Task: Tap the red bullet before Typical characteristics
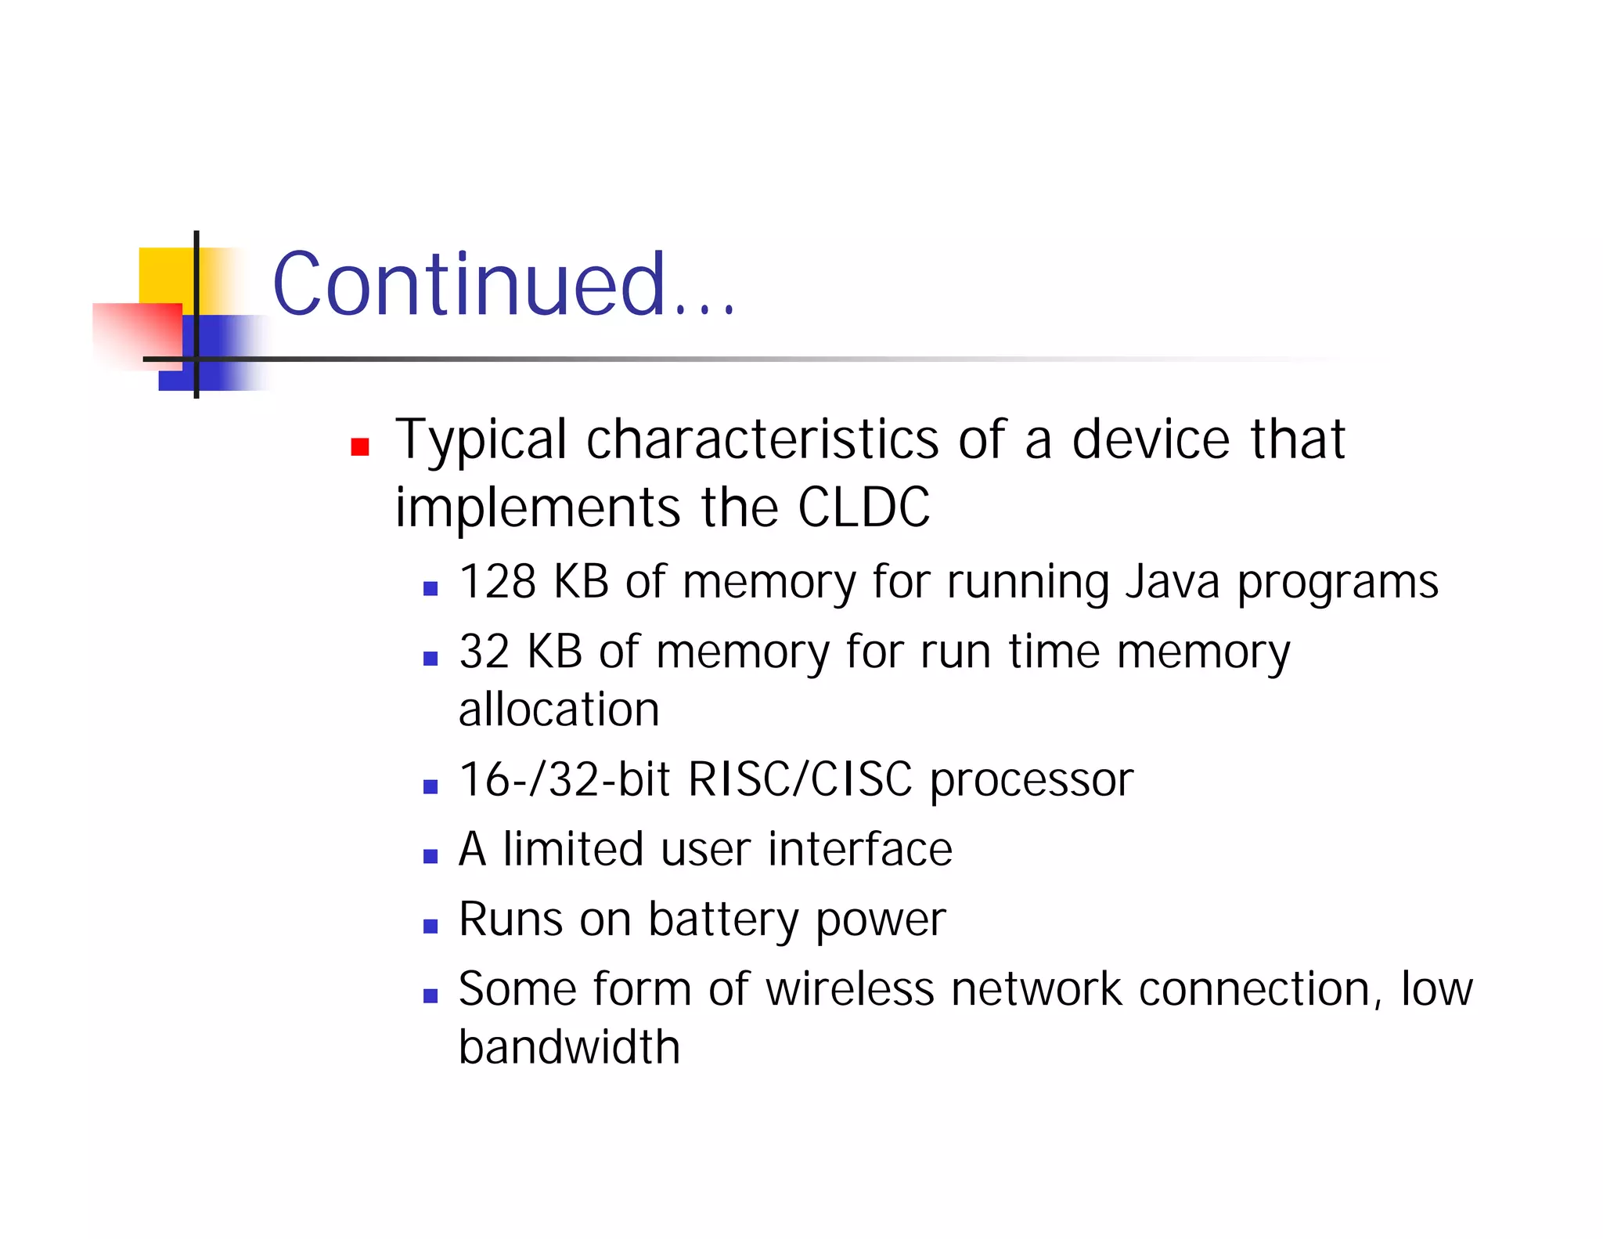click(x=360, y=446)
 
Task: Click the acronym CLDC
click(x=863, y=508)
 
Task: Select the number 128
click(x=498, y=582)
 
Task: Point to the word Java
click(x=1172, y=582)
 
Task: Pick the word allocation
click(x=559, y=710)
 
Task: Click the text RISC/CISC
click(x=800, y=779)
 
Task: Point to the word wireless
click(x=849, y=989)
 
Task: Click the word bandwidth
click(x=569, y=1047)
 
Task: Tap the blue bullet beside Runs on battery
click(x=430, y=927)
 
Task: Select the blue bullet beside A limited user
click(x=430, y=857)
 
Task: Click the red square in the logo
click(x=137, y=333)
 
